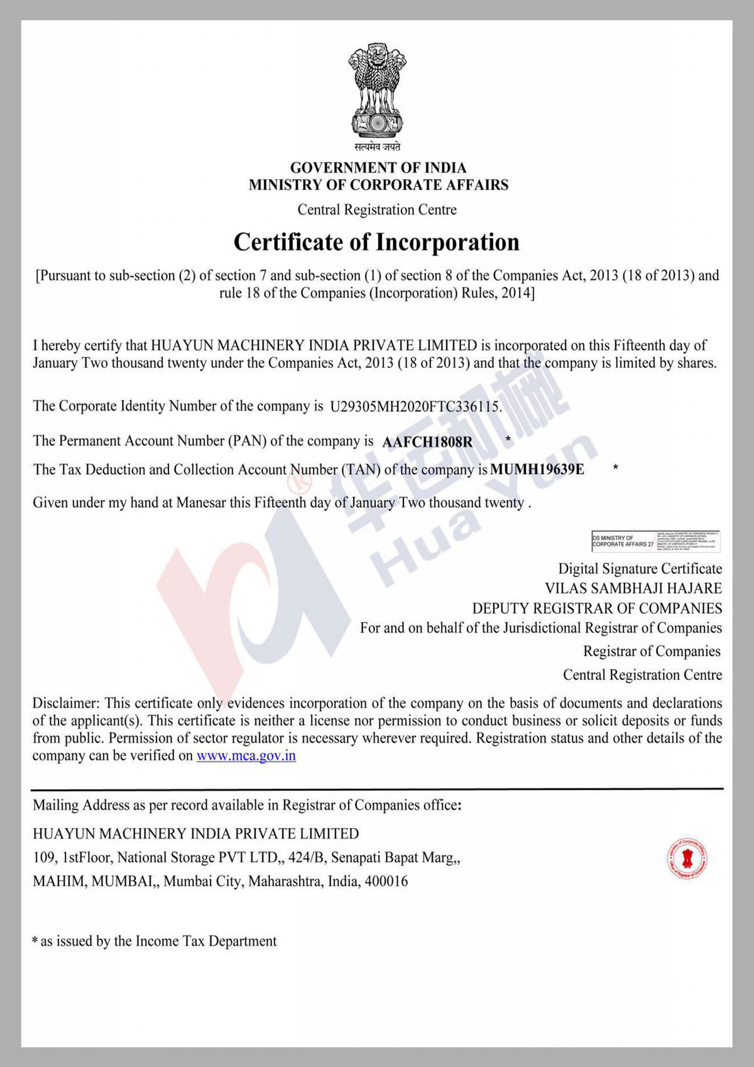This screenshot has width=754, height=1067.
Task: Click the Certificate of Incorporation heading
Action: pyautogui.click(x=376, y=243)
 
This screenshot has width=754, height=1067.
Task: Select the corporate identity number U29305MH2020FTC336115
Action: pyautogui.click(x=415, y=407)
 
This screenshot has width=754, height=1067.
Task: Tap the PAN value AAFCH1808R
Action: pyautogui.click(x=427, y=442)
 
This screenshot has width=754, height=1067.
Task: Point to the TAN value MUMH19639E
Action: pyautogui.click(x=537, y=470)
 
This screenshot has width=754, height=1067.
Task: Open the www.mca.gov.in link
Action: pyautogui.click(x=246, y=756)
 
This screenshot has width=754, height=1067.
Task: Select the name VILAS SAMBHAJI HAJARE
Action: pyautogui.click(x=633, y=589)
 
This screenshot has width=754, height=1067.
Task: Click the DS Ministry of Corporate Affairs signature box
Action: pyautogui.click(x=655, y=541)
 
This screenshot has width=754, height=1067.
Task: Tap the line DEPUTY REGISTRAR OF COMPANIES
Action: pyautogui.click(x=597, y=609)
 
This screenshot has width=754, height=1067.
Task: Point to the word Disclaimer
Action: pyautogui.click(x=66, y=703)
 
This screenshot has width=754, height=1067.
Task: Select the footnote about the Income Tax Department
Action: pyautogui.click(x=155, y=941)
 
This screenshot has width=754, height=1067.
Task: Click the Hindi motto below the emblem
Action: pyautogui.click(x=377, y=147)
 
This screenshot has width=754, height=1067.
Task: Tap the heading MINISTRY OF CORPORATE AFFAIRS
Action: pyautogui.click(x=378, y=185)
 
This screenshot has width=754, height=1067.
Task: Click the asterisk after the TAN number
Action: pyautogui.click(x=616, y=467)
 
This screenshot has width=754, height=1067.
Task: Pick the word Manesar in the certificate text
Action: pyautogui.click(x=200, y=503)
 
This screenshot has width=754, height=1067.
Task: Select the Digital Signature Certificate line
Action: pyautogui.click(x=640, y=569)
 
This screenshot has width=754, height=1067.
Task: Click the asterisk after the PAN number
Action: pyautogui.click(x=508, y=439)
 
